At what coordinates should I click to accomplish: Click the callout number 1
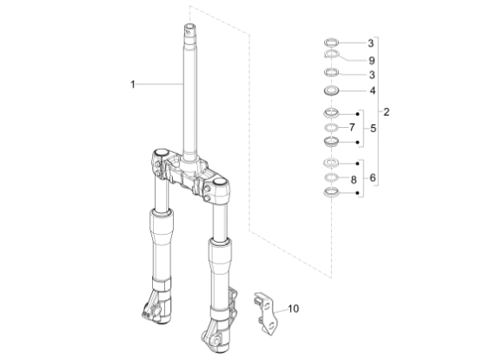133,84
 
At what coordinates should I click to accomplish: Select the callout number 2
386,112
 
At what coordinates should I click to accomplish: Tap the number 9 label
372,61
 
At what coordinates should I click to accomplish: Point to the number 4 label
373,90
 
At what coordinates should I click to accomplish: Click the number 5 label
374,129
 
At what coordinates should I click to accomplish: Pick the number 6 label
373,177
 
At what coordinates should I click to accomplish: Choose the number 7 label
352,128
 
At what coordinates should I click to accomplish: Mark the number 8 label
354,180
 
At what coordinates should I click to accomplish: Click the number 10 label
293,309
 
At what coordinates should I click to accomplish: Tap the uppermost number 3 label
371,43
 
